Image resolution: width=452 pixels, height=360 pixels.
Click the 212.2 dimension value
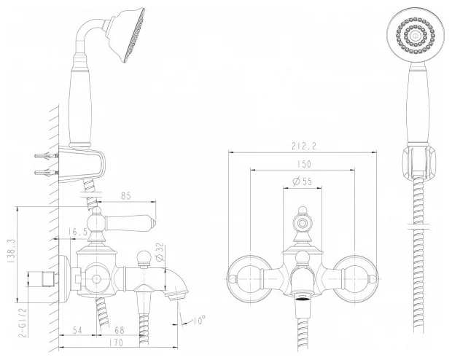[x=304, y=146]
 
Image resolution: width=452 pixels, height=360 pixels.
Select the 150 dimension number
[x=304, y=164]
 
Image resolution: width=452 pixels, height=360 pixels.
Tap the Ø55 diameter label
[x=303, y=181]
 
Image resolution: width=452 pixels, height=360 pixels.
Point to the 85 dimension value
[x=125, y=196]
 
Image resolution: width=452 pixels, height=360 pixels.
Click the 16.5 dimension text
[x=78, y=232]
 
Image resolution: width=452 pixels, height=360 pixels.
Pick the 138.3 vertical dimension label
[x=12, y=251]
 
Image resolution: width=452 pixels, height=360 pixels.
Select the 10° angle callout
[x=199, y=320]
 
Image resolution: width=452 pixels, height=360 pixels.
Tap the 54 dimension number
[x=77, y=330]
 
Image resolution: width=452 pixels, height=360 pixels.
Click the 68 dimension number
[x=119, y=330]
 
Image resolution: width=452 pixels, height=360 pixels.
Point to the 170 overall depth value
[x=116, y=343]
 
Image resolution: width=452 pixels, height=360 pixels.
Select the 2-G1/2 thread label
[x=23, y=322]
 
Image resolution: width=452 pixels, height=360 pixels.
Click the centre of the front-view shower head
[x=415, y=36]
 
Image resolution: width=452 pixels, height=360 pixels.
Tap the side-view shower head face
[x=134, y=35]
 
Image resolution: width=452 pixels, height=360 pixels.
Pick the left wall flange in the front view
[x=249, y=278]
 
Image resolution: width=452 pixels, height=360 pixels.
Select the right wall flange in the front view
[x=356, y=278]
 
